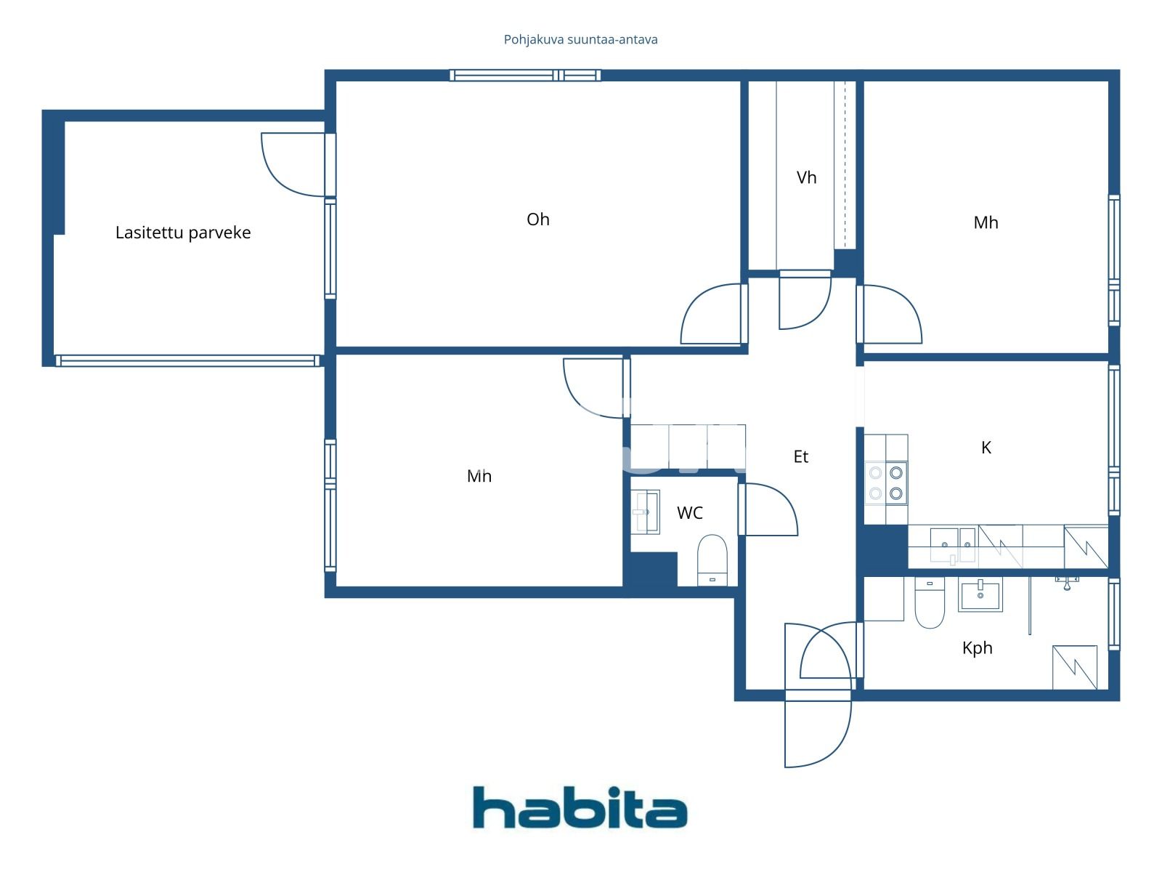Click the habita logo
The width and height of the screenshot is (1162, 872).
(x=580, y=807)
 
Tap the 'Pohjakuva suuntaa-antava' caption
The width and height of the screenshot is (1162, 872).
(x=580, y=40)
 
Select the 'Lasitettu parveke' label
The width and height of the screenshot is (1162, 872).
(x=183, y=233)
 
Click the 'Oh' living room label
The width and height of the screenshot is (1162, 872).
(x=538, y=219)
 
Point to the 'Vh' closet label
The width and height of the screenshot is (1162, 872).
(x=806, y=178)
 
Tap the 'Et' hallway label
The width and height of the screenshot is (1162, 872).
(x=800, y=457)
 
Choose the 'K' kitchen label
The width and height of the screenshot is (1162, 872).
(x=986, y=448)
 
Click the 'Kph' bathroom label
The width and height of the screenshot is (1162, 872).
(x=977, y=648)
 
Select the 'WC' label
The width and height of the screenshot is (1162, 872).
(x=689, y=513)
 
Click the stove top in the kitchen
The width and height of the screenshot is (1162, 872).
(x=886, y=483)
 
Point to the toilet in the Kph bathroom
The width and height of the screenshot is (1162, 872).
(x=929, y=603)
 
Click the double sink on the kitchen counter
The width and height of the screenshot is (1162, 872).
(x=953, y=545)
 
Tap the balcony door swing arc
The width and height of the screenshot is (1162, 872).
(x=290, y=167)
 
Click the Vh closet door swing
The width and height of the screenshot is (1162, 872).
(x=805, y=302)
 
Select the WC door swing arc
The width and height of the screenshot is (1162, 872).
(x=770, y=509)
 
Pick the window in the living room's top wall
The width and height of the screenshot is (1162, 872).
(x=524, y=75)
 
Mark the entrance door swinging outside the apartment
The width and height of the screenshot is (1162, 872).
(x=817, y=730)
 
